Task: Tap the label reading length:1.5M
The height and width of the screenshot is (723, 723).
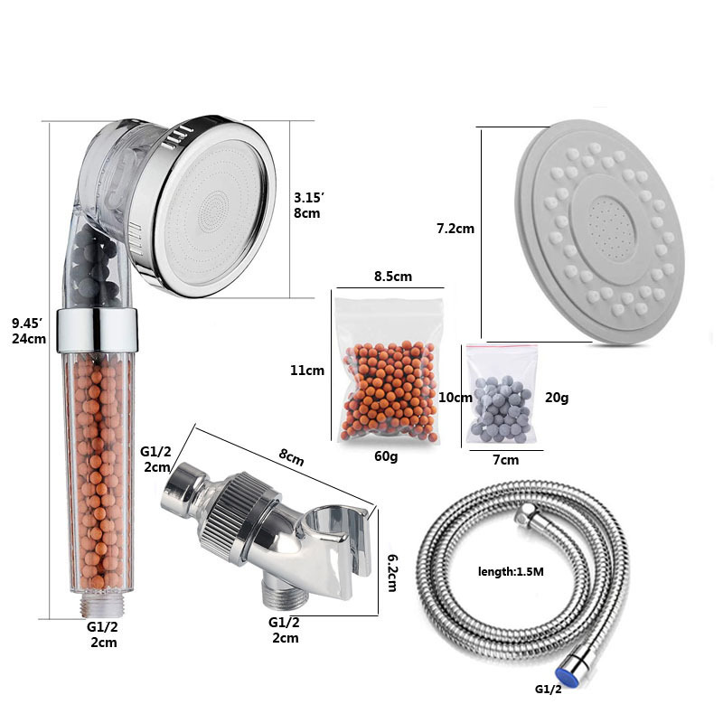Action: point(511,572)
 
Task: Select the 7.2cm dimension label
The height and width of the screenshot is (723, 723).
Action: point(455,229)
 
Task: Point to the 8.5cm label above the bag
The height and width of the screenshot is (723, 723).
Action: point(393,277)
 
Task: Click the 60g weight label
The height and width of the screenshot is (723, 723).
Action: point(386,456)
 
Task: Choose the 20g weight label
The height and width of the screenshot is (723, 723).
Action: point(557,398)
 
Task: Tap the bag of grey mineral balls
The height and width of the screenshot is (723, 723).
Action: point(502,395)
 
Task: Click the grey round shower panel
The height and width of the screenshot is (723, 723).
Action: point(600,231)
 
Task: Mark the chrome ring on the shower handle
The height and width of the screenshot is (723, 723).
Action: point(97,330)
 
